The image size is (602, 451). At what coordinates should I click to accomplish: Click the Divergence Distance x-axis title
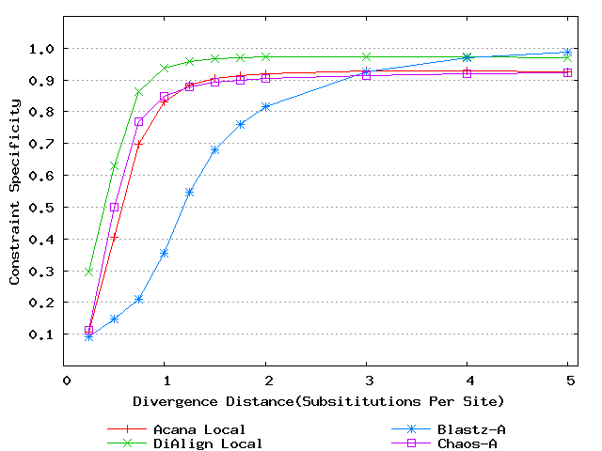[x=319, y=401]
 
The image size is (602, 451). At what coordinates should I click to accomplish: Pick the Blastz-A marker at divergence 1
[x=165, y=253]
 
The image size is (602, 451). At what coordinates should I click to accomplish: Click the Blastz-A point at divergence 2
[x=265, y=106]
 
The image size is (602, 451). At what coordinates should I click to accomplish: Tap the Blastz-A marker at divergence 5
[x=568, y=53]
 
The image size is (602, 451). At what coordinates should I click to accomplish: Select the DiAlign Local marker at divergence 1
[x=165, y=68]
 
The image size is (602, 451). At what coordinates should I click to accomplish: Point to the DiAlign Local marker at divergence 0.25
[x=89, y=272]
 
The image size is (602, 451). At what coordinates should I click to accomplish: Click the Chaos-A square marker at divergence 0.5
[x=115, y=207]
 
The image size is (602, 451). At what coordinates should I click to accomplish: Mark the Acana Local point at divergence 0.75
[x=139, y=144]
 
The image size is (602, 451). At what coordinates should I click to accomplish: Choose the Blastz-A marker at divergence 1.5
[x=215, y=149]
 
